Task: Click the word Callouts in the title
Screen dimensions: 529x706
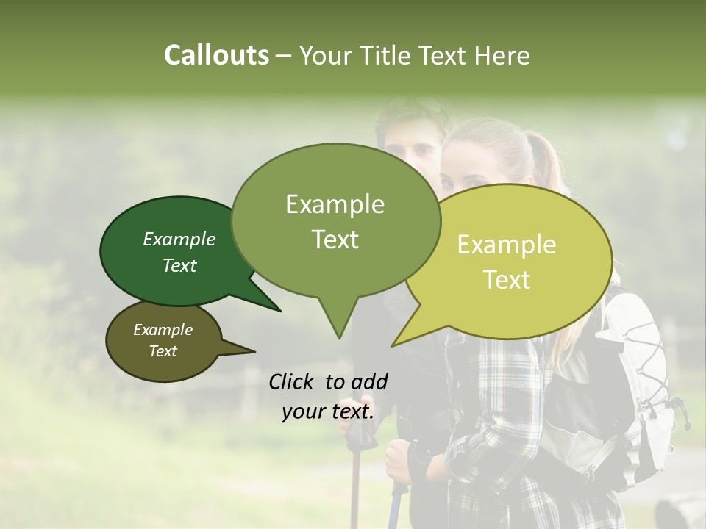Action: click(x=216, y=55)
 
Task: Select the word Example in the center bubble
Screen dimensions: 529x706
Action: click(x=335, y=204)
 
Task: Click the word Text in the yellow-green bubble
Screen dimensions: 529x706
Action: click(x=507, y=280)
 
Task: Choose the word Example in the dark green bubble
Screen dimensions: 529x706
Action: click(x=179, y=239)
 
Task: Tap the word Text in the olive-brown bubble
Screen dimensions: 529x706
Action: click(x=163, y=351)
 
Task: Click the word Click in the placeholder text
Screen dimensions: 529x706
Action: click(x=292, y=381)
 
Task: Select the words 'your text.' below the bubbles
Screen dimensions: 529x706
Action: click(x=328, y=411)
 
